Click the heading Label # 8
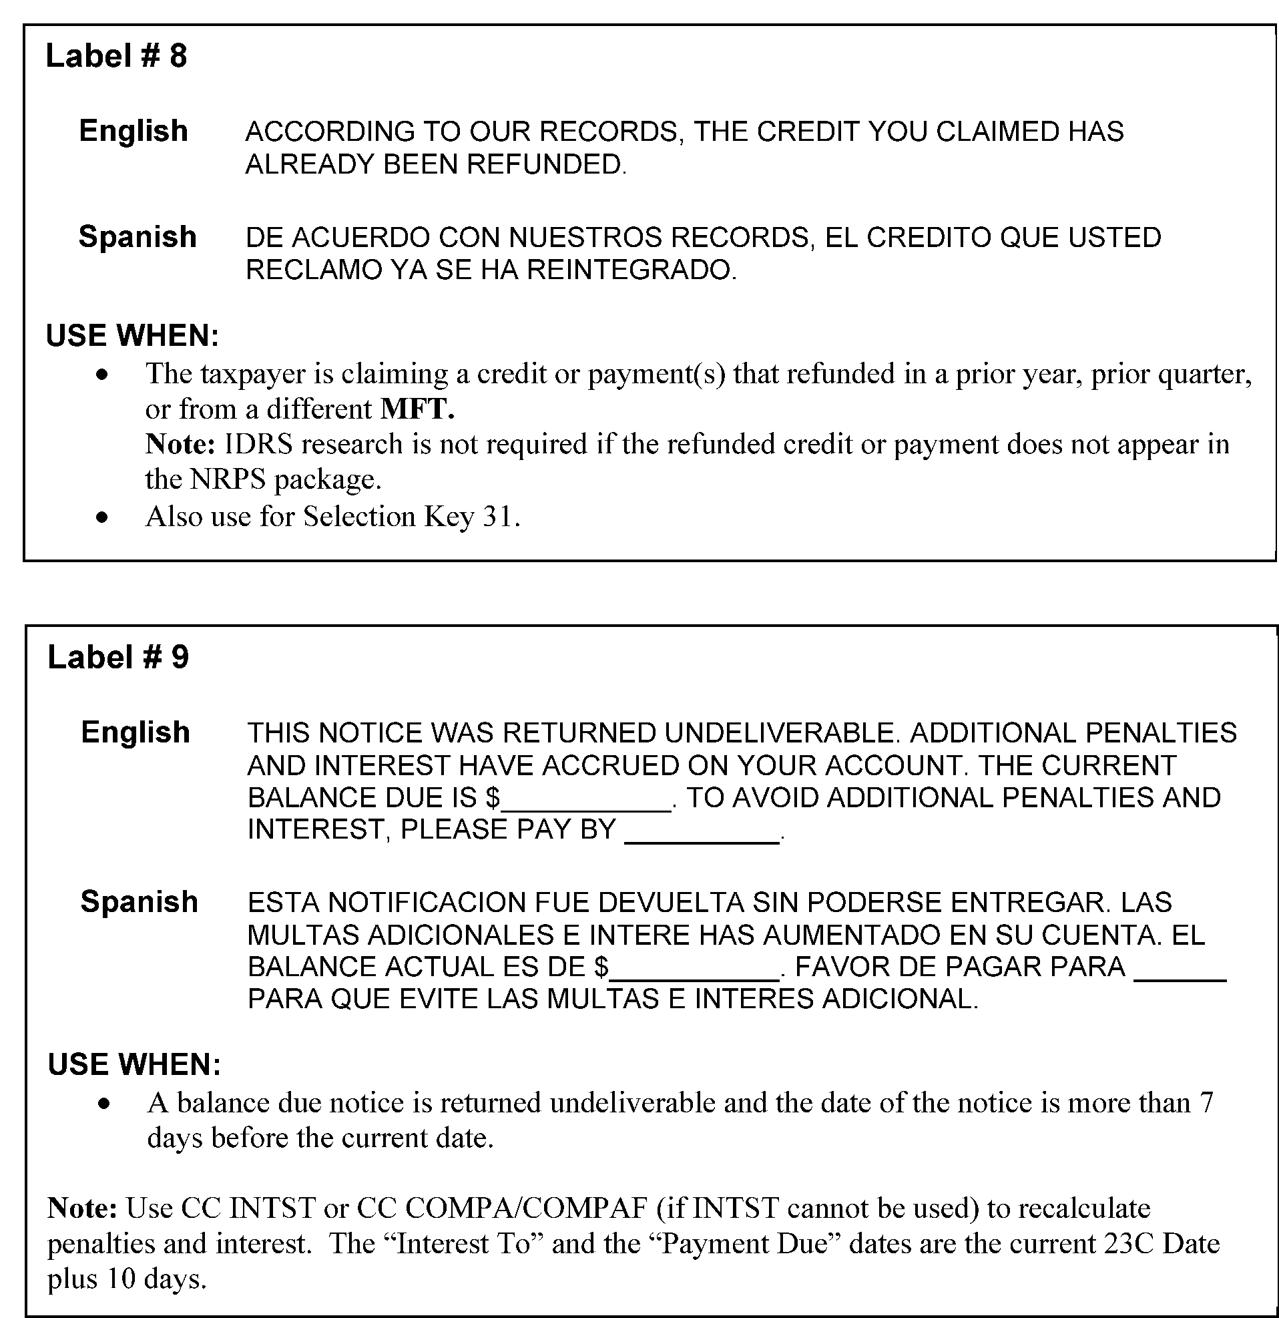pyautogui.click(x=116, y=56)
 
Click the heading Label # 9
pyautogui.click(x=118, y=657)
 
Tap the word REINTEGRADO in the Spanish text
pyautogui.click(x=631, y=270)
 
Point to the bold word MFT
pyautogui.click(x=418, y=409)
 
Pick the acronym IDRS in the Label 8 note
pyautogui.click(x=258, y=445)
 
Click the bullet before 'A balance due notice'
pyautogui.click(x=103, y=1104)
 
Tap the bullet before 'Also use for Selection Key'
pyautogui.click(x=102, y=517)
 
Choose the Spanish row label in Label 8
pyautogui.click(x=138, y=237)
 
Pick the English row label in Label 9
pyautogui.click(x=135, y=732)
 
